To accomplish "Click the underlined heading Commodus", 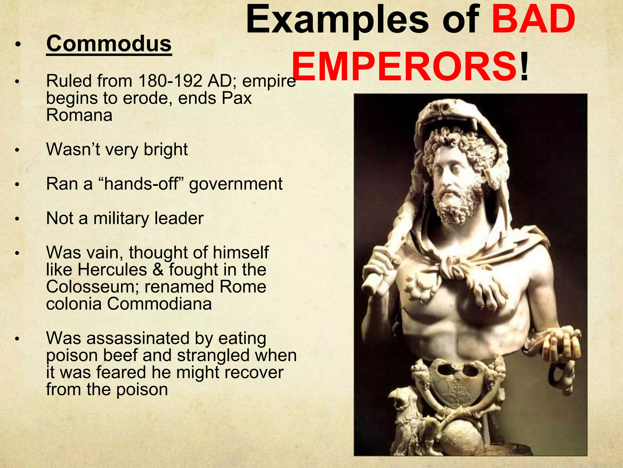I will pos(109,44).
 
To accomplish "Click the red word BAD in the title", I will pos(534,21).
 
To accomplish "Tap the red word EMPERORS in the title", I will pos(405,66).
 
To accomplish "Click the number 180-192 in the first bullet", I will pos(170,81).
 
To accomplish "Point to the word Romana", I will pos(79,115).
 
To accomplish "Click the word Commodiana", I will pos(159,304).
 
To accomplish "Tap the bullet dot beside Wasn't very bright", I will pos(18,150).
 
